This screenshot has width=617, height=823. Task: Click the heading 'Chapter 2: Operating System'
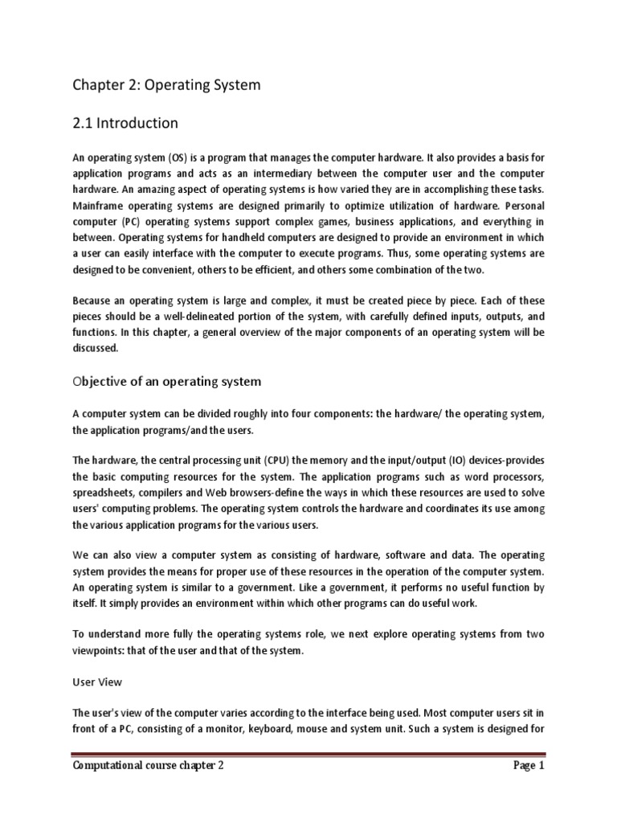[166, 85]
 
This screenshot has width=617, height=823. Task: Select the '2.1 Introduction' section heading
[125, 123]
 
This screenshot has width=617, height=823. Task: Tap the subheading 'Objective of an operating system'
[167, 380]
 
